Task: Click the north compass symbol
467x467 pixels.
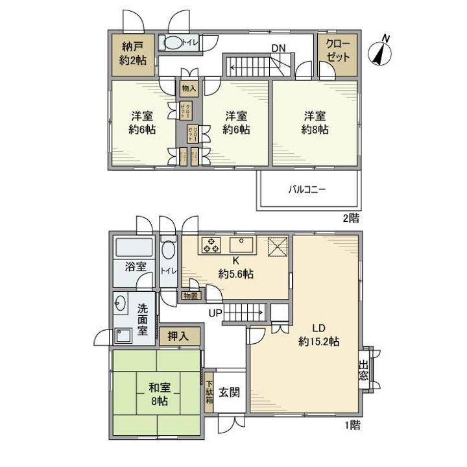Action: click(381, 51)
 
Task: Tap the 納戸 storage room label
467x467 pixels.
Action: click(132, 53)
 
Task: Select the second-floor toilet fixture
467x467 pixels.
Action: click(173, 43)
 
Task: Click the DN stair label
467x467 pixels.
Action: click(278, 48)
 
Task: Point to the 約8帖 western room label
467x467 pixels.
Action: click(315, 123)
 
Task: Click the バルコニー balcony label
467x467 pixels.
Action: click(307, 190)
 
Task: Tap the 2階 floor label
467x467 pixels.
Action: click(350, 218)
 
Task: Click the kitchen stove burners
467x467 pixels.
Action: click(212, 246)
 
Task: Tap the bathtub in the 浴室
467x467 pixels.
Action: click(133, 248)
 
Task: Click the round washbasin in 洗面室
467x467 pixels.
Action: click(121, 302)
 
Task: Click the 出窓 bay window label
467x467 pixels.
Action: click(364, 370)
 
